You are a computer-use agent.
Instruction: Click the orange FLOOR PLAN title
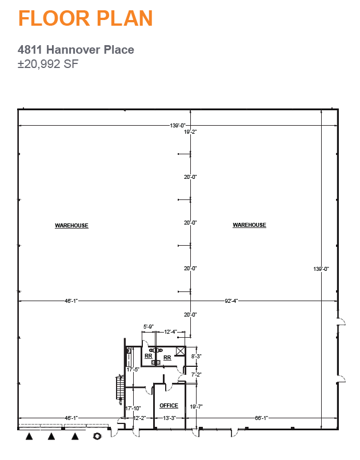[85, 18]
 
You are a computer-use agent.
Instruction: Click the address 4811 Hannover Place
[75, 50]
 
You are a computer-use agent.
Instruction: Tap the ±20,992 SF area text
[48, 63]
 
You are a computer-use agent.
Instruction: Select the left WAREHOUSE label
[71, 226]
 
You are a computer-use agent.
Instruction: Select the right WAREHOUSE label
[249, 225]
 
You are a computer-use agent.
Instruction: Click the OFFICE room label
[169, 406]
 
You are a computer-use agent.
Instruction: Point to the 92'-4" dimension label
[231, 301]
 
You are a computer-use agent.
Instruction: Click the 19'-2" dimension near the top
[190, 132]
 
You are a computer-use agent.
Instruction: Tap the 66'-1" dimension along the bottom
[261, 418]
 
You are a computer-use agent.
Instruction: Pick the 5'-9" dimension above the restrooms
[149, 326]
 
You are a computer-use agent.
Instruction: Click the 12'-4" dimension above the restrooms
[170, 332]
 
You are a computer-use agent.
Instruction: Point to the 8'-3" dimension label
[196, 357]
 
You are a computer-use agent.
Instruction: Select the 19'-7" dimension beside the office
[196, 407]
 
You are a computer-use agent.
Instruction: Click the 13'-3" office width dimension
[169, 418]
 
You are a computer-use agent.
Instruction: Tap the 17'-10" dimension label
[133, 409]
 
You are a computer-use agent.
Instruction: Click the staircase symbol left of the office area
[120, 387]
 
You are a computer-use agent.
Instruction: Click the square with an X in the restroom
[181, 351]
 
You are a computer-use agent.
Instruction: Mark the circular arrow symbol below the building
[97, 436]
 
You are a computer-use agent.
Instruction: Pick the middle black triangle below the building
[51, 436]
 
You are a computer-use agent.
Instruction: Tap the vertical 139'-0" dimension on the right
[321, 269]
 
